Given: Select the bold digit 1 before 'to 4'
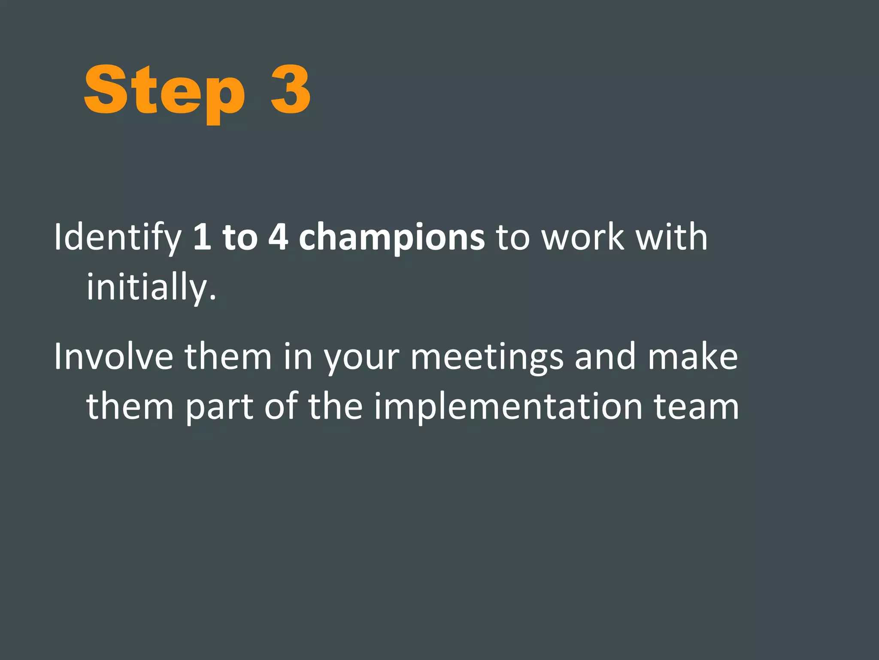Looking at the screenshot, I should click(202, 237).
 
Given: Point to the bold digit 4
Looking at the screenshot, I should click(278, 237).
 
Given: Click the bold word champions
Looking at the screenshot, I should click(391, 238).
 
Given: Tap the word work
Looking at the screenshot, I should click(583, 237).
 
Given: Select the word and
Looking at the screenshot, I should click(605, 357).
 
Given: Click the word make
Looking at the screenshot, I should click(693, 357).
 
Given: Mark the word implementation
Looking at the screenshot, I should click(508, 406).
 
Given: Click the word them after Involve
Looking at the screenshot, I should click(228, 357).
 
